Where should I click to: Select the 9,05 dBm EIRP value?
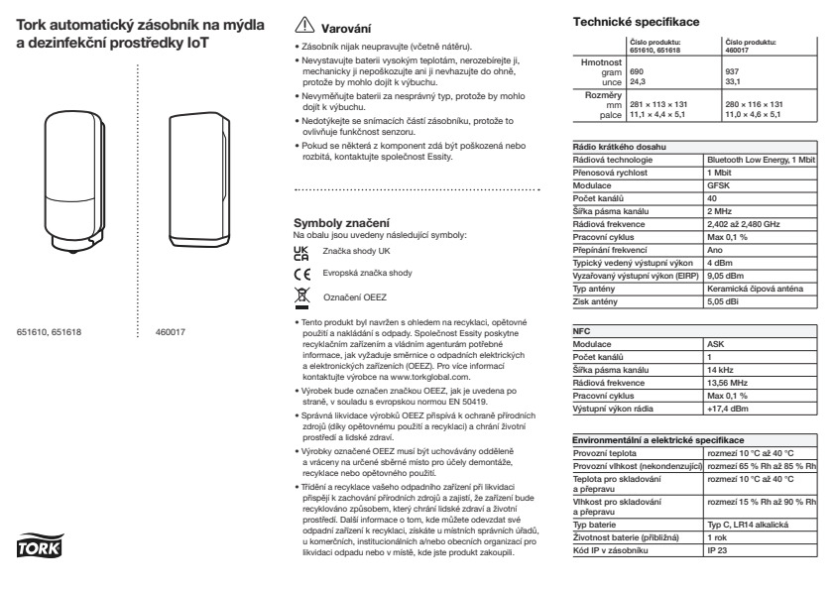click(725, 277)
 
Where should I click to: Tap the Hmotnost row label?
click(600, 61)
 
